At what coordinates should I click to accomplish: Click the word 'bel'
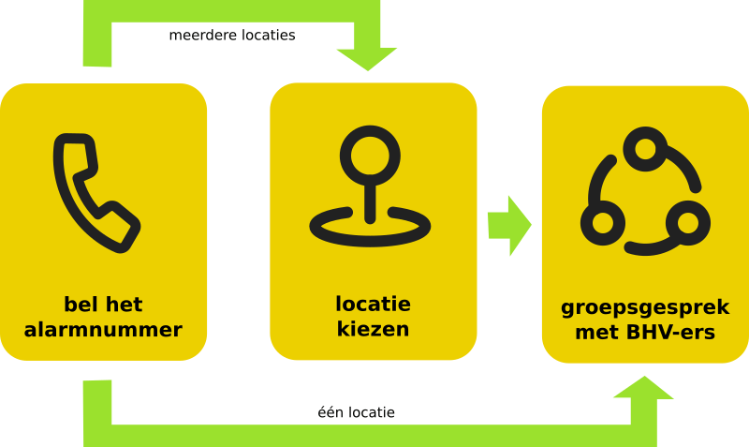81,305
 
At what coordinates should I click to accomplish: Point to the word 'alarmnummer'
103,330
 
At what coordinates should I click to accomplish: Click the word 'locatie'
373,305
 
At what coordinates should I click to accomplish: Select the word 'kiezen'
373,330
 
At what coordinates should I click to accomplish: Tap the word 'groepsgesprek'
645,308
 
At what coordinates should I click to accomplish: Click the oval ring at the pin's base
370,227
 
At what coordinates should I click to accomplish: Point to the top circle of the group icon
645,150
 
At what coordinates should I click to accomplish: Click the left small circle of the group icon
602,223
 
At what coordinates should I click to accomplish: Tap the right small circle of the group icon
688,223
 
